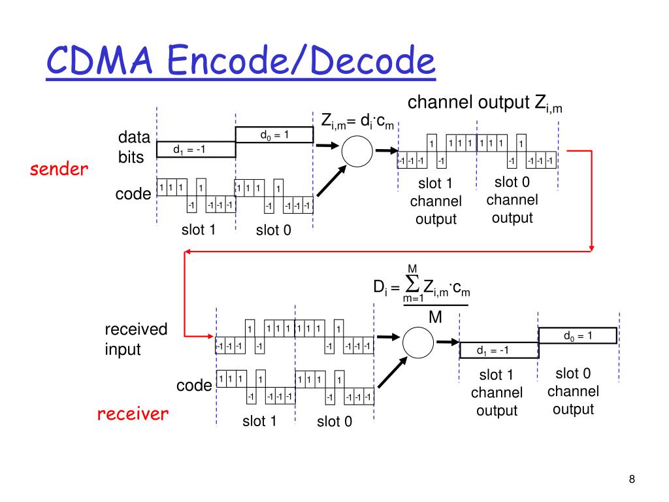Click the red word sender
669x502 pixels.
pos(59,170)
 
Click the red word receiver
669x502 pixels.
pos(133,414)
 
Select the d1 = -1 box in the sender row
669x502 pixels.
pos(196,150)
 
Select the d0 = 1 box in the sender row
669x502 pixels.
pos(274,135)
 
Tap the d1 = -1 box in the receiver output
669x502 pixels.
pos(498,351)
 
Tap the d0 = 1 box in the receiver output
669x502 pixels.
pos(578,336)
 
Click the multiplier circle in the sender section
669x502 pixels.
pos(357,152)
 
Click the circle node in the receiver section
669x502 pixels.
pos(418,342)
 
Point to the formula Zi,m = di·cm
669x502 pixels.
pos(357,121)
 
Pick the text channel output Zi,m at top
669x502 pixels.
pos(485,104)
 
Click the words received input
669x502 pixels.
pos(136,339)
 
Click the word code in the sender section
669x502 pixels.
pos(133,194)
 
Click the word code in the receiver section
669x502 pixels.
pos(194,386)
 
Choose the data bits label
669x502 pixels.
pos(134,148)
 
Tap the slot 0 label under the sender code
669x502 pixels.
pos(274,230)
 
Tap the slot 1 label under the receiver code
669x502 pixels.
pos(259,421)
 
